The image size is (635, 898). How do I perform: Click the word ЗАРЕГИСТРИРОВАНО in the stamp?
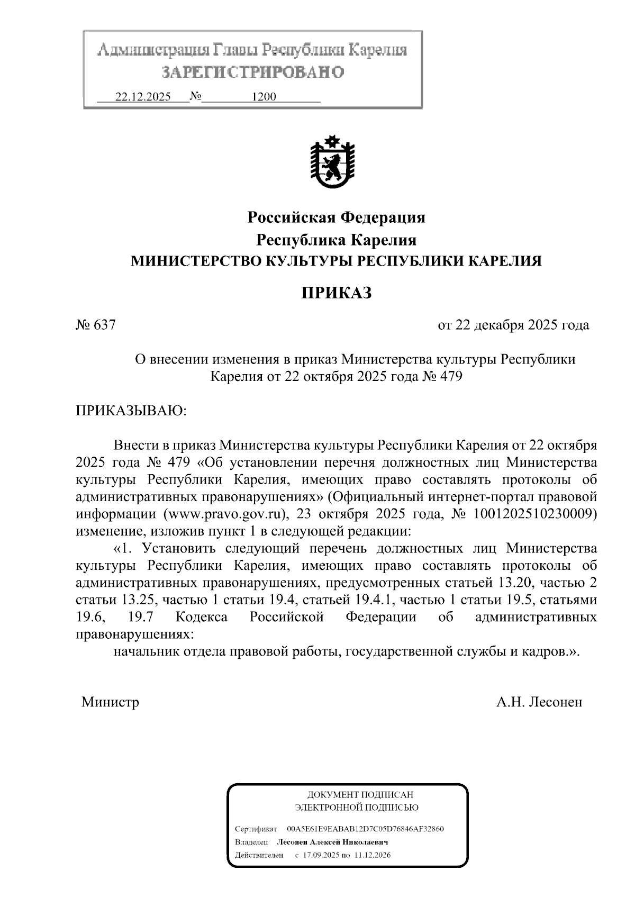pos(253,72)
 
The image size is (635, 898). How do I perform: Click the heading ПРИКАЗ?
pos(337,293)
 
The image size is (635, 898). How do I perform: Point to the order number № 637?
pos(96,325)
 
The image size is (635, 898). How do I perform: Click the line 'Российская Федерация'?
pos(337,217)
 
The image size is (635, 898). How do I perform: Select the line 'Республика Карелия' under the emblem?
pos(337,240)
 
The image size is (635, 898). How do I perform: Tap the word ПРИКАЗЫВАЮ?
pos(132,411)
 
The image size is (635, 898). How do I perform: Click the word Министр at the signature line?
pos(111,702)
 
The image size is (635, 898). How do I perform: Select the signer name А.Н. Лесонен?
pos(539,702)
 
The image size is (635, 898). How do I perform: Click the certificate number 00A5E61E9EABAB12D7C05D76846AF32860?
pos(365,829)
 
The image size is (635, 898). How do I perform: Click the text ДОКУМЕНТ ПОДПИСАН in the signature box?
pos(360,795)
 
